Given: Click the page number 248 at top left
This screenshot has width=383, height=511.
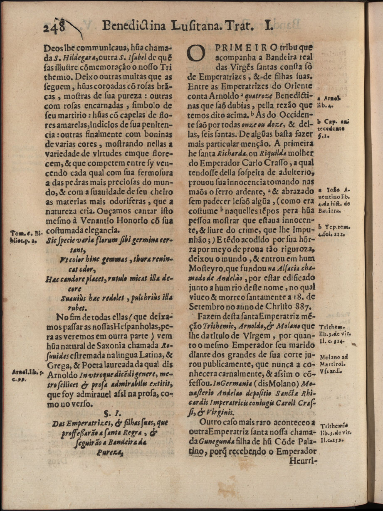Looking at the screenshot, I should point(55,27).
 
